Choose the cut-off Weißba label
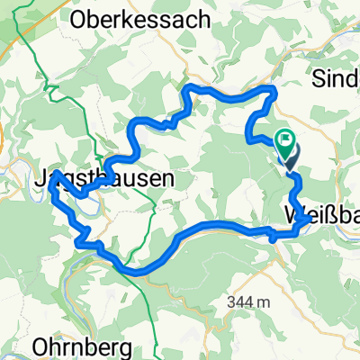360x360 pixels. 320,217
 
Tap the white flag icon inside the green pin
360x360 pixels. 287,139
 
